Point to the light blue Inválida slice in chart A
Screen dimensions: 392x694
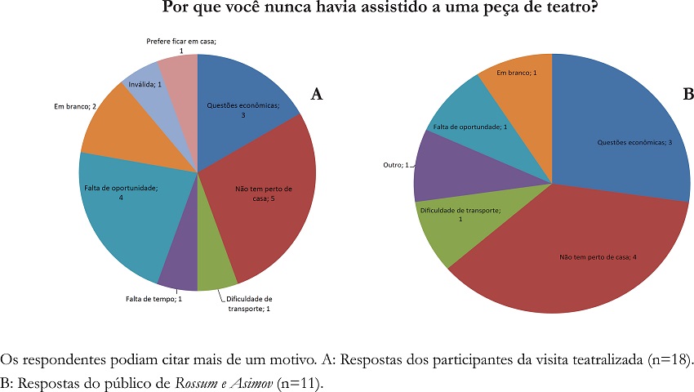145,82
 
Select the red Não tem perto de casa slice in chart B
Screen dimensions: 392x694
572,261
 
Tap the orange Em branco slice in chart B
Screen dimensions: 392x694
523,82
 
